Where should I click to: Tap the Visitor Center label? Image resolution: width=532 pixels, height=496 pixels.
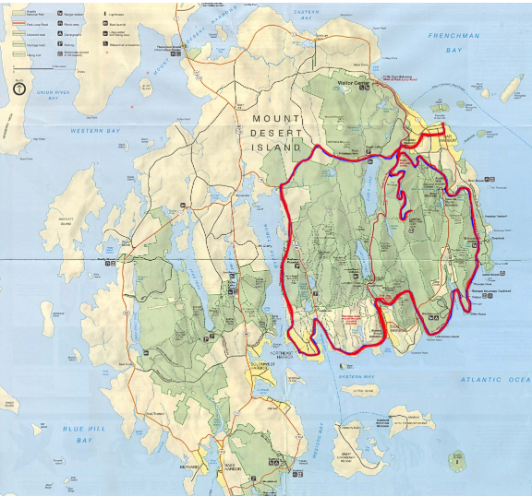tap(352, 82)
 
